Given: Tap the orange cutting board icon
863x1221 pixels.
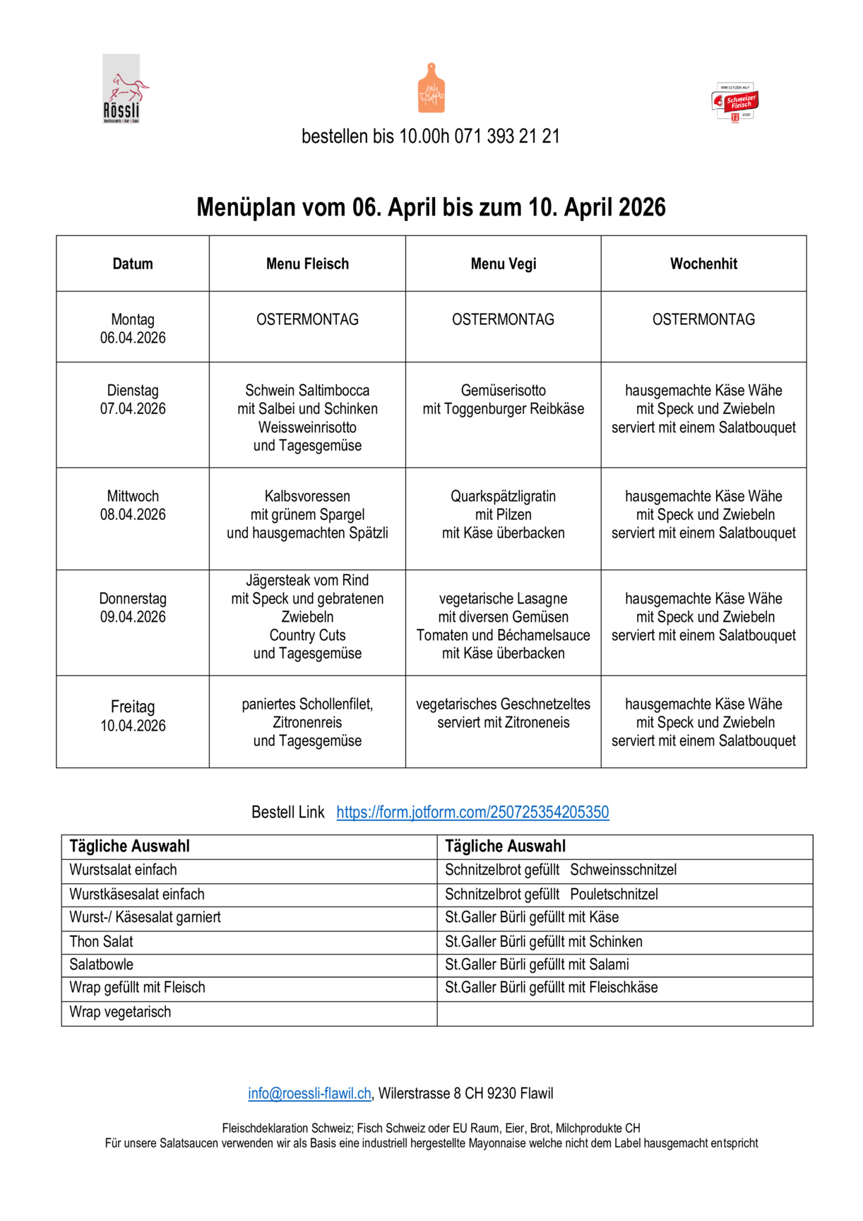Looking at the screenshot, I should [x=431, y=88].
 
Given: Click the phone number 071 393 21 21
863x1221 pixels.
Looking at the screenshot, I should [x=507, y=136].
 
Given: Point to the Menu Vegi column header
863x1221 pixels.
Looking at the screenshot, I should [x=503, y=264].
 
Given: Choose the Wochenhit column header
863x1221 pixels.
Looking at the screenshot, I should [x=703, y=264].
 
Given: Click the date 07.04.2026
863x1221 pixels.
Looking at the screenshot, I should [x=133, y=409].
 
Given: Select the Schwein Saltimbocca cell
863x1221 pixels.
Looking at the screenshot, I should [x=307, y=418].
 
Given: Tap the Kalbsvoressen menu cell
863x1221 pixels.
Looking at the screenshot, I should [x=307, y=514].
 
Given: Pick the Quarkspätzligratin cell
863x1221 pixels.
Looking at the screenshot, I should [x=503, y=514].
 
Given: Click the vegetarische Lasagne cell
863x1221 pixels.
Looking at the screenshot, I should [x=503, y=626].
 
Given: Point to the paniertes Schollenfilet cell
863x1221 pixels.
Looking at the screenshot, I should [x=307, y=722].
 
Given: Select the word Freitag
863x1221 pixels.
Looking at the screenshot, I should [x=133, y=707].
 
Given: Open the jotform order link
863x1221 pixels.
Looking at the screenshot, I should [x=472, y=813].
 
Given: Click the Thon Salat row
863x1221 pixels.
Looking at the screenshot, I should [x=101, y=942].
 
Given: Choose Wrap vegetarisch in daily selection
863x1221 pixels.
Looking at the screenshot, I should [x=120, y=1013].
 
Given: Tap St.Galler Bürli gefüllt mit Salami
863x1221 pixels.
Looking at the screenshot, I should [x=537, y=965].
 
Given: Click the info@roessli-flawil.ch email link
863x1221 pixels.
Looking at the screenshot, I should [x=309, y=1094].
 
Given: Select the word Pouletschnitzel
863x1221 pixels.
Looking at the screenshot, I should [x=614, y=895].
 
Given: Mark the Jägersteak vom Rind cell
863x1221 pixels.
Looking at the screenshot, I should [x=307, y=617].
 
